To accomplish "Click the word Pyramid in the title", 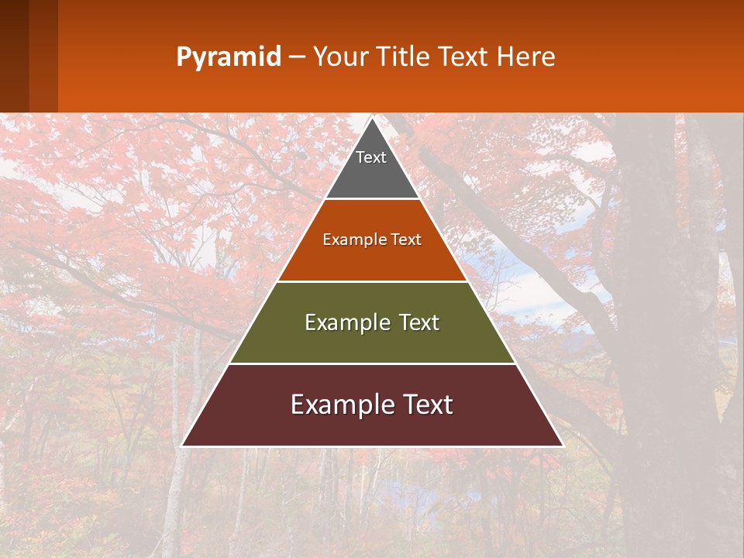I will [x=228, y=57].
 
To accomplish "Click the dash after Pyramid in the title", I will [x=296, y=57].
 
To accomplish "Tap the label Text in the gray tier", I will [x=371, y=157].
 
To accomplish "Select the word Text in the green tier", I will [x=419, y=322].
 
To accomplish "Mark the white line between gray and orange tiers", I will [x=372, y=198].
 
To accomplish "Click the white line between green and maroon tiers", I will [x=372, y=363].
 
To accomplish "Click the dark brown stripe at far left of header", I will [x=14, y=56].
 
